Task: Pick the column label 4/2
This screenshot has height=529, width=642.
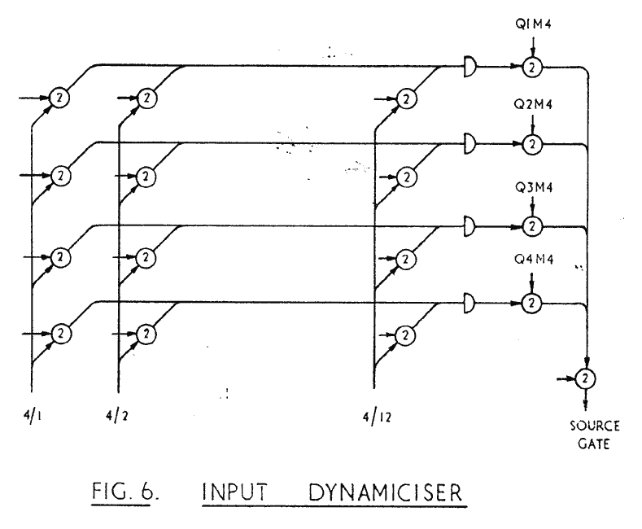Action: (118, 400)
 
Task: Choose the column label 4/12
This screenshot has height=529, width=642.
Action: (375, 400)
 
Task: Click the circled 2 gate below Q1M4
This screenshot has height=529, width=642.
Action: (531, 65)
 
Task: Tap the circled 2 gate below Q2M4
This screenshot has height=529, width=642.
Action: (531, 144)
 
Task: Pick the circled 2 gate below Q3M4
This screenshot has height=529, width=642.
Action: (531, 224)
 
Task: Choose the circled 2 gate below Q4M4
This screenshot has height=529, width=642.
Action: (531, 303)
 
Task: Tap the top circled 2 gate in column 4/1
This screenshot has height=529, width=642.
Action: (59, 98)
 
